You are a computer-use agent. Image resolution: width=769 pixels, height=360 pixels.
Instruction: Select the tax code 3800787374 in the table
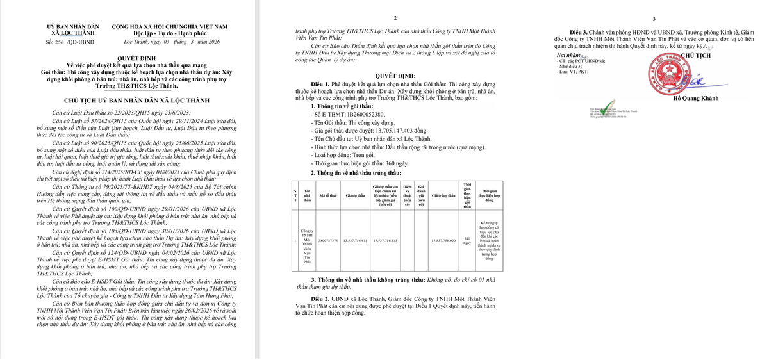pos(328,240)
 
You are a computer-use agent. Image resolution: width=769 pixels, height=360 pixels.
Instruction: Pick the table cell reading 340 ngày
pos(467,240)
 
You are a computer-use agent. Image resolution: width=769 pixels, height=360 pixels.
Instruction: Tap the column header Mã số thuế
pos(328,195)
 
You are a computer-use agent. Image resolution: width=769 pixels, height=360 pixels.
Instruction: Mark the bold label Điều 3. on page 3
pos(577,32)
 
